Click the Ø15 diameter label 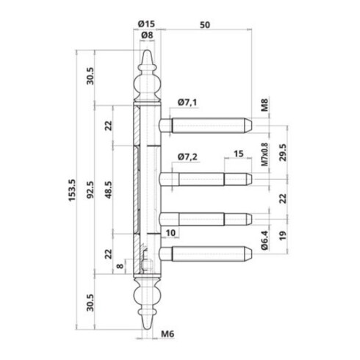pos(146,24)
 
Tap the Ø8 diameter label pos(147,35)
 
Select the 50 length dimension pos(205,25)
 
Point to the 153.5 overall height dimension pos(72,190)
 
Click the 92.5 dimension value pos(90,190)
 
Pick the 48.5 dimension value pos(109,190)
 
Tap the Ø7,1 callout pos(187,102)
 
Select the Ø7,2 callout pos(187,156)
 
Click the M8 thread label pos(264,105)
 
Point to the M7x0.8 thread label pos(264,154)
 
